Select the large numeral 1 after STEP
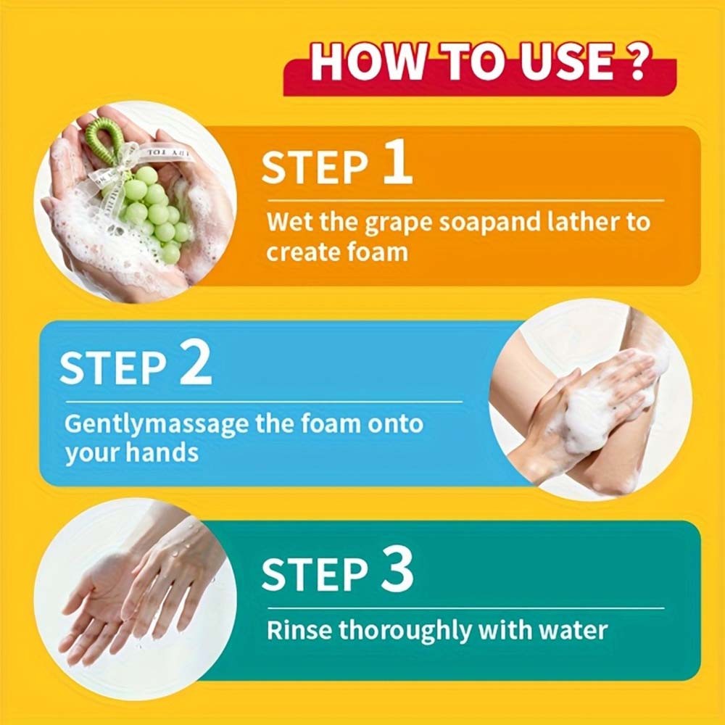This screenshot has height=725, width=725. click(397, 162)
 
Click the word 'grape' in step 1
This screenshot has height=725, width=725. click(399, 223)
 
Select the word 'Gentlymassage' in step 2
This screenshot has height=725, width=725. click(157, 424)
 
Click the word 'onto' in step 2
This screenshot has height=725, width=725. click(395, 423)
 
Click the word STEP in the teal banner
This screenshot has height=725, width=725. click(315, 574)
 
